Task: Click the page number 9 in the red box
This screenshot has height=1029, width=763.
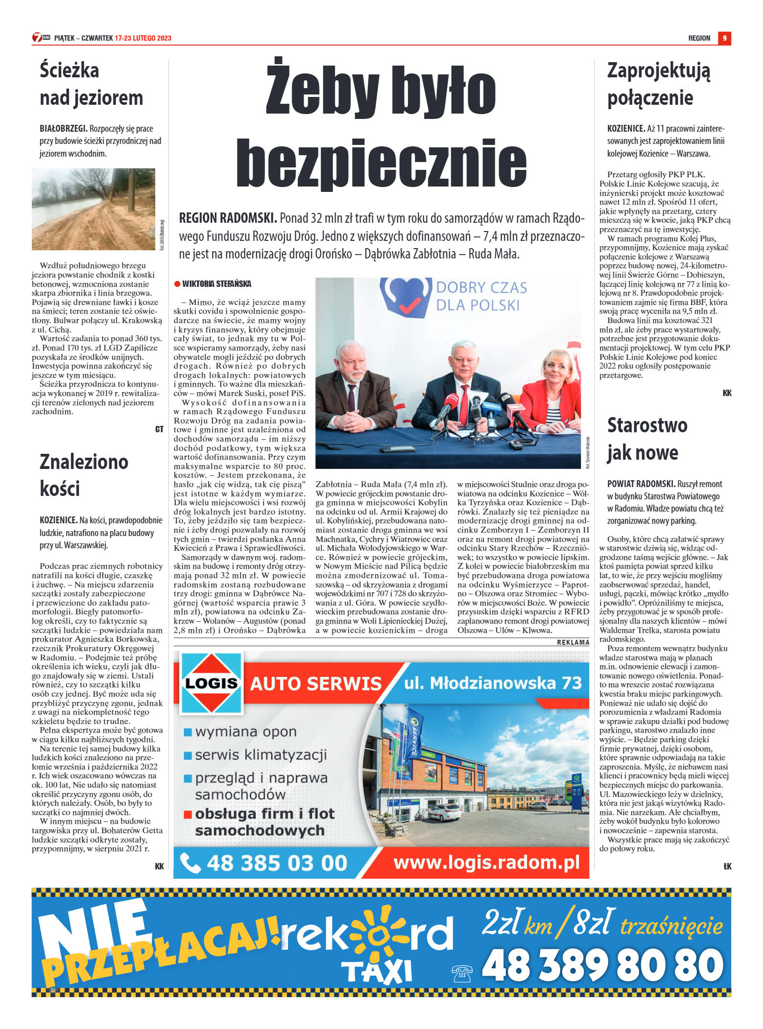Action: [724, 38]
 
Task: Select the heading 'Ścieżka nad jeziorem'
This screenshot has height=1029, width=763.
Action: [92, 84]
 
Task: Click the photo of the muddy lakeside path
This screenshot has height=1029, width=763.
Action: [94, 209]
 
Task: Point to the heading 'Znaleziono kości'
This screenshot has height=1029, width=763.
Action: [84, 475]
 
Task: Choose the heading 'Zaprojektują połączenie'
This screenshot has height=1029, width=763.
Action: [659, 84]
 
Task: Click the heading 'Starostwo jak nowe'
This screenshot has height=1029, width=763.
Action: [647, 439]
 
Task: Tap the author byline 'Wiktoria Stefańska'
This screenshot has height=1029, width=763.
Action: [216, 284]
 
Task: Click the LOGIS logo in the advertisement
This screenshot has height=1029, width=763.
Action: [212, 683]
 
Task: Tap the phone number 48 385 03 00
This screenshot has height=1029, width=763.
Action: [277, 863]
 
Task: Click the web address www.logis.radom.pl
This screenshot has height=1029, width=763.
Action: [486, 862]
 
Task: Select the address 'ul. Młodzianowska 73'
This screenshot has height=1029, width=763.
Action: [493, 683]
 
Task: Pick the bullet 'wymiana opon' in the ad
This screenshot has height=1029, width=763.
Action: [245, 732]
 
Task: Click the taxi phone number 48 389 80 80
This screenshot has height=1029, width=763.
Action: [602, 966]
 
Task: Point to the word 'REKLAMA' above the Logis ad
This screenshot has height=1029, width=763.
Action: [573, 642]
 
